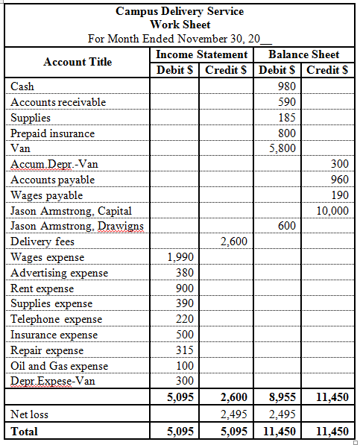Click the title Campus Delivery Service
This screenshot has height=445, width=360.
[180, 11]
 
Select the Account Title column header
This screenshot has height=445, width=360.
[78, 62]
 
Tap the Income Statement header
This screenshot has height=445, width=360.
[201, 54]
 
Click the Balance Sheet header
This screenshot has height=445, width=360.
[303, 54]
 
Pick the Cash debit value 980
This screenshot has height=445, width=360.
[286, 86]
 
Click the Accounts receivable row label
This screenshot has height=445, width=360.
[58, 102]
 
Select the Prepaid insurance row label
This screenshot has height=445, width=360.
[52, 133]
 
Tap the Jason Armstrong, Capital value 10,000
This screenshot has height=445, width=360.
[332, 211]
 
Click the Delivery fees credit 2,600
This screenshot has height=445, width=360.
[236, 242]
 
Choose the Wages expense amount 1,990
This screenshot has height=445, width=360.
[181, 257]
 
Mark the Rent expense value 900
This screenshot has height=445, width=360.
[184, 288]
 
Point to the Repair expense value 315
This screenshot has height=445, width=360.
[184, 350]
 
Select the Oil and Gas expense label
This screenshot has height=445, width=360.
[59, 366]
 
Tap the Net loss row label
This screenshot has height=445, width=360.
[30, 414]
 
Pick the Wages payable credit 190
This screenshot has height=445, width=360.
[339, 195]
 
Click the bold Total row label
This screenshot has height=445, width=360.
[25, 431]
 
